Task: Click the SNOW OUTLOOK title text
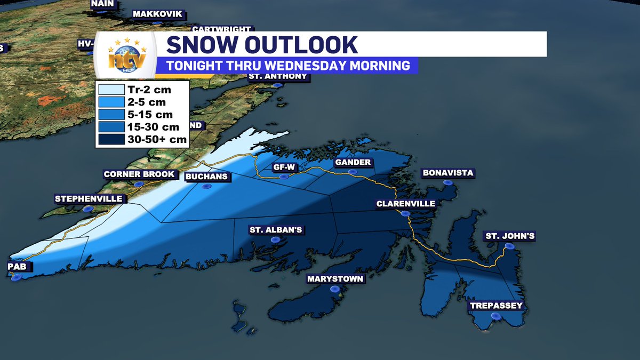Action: [262, 45]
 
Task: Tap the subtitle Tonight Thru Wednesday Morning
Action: [288, 66]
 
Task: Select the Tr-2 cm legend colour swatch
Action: [109, 90]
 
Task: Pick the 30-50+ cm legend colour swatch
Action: [109, 139]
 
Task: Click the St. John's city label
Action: [509, 236]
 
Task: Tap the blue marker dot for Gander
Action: [352, 172]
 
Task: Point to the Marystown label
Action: [335, 279]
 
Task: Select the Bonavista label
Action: [447, 173]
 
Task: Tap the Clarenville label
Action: [405, 204]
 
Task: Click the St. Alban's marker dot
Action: [276, 240]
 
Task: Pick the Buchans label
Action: [206, 177]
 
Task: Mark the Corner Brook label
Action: [139, 174]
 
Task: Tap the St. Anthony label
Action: [278, 76]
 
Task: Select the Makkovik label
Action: [157, 14]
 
